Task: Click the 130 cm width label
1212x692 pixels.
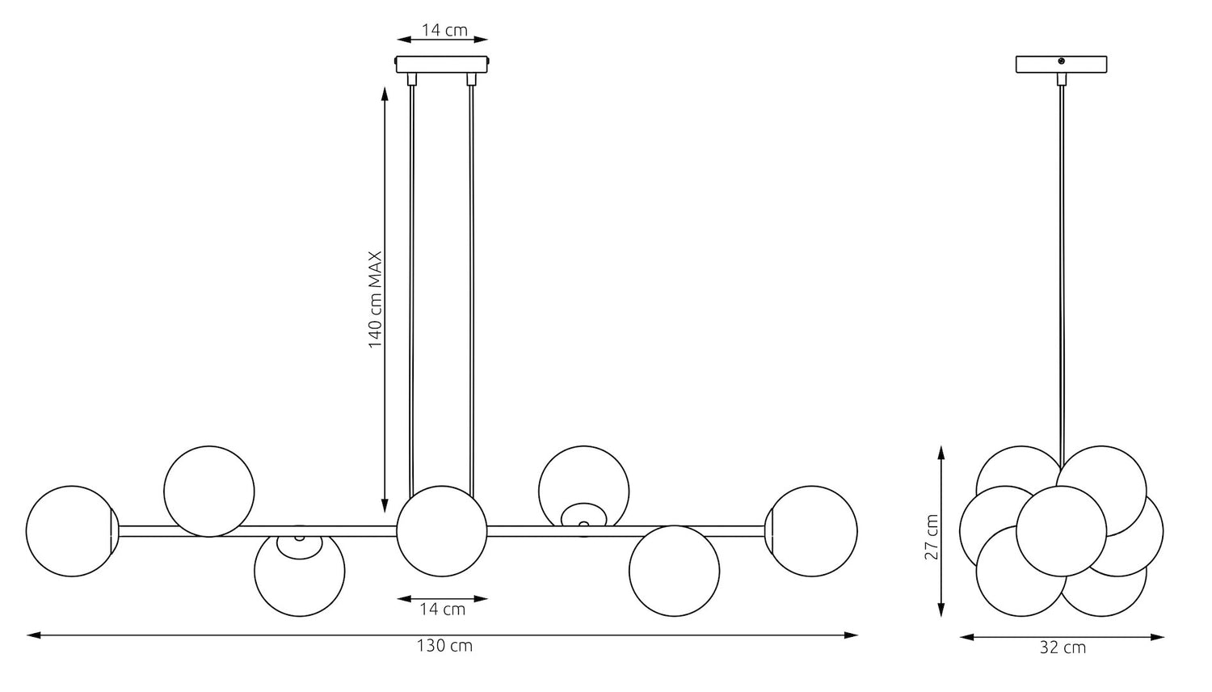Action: coord(444,646)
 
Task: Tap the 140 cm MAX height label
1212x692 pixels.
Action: coord(375,299)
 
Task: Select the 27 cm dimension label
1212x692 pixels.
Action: coord(931,537)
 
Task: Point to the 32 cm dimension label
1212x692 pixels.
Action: coord(1063,648)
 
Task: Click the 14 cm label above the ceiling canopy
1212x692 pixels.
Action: coord(444,30)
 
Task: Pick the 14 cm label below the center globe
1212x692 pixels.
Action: coord(443,610)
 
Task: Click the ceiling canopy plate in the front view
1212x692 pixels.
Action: coord(443,64)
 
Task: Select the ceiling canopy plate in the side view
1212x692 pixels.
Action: coord(1061,64)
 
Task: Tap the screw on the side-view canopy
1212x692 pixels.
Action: coord(1062,61)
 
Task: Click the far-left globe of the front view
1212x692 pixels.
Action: coord(71,530)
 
